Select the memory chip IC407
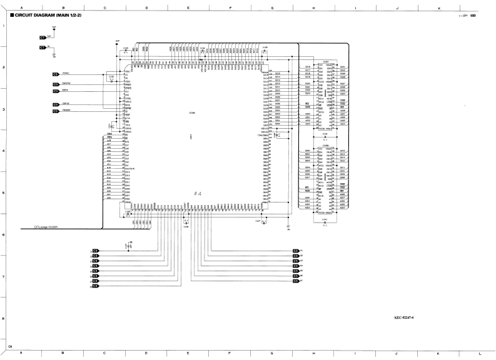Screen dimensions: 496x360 325,61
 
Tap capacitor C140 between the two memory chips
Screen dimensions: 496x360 325,135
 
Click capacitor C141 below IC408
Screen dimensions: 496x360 325,219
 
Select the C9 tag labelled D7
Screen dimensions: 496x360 296,281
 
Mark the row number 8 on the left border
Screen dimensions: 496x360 4,319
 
